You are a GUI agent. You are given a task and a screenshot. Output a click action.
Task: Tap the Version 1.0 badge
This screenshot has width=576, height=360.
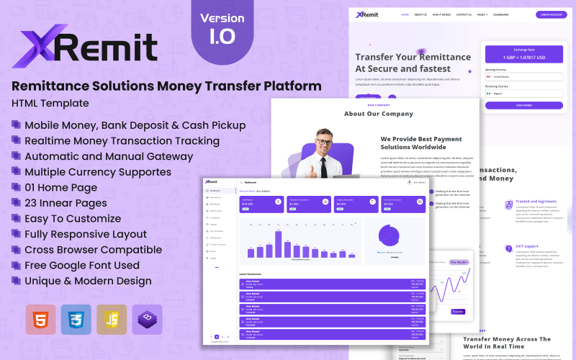pos(222,27)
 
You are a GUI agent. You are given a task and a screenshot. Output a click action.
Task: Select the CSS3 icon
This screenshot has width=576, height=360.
pos(76,319)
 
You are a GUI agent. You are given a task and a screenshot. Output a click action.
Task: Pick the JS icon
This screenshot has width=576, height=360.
pos(112,319)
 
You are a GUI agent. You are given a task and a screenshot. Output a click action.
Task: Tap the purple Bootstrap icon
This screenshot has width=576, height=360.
pos(147,319)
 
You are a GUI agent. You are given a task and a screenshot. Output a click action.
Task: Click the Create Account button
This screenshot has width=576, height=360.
pos(550,14)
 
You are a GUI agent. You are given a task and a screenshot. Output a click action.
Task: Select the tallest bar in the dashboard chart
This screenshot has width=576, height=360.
pos(278,243)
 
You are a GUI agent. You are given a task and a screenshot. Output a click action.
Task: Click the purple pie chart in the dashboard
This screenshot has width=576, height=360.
pos(389,235)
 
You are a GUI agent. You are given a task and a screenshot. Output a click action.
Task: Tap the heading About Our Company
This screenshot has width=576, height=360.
pos(379,114)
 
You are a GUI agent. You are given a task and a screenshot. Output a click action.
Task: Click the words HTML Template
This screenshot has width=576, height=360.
pos(50,103)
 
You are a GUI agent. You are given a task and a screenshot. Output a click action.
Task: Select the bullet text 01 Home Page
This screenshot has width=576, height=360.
pos(60,188)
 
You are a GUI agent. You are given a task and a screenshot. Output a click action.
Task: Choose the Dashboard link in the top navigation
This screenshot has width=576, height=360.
pos(500,14)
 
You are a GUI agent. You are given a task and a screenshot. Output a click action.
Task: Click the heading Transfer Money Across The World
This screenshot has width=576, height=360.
pos(507,342)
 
